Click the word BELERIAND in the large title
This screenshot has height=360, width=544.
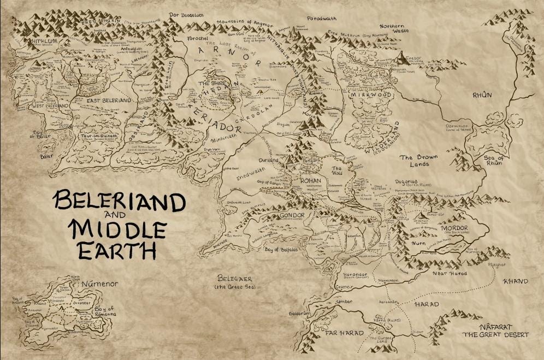point(119,203)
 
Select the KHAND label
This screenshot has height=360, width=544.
point(516,281)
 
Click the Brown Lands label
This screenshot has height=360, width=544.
point(421,160)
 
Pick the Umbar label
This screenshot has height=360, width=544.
point(344,302)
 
